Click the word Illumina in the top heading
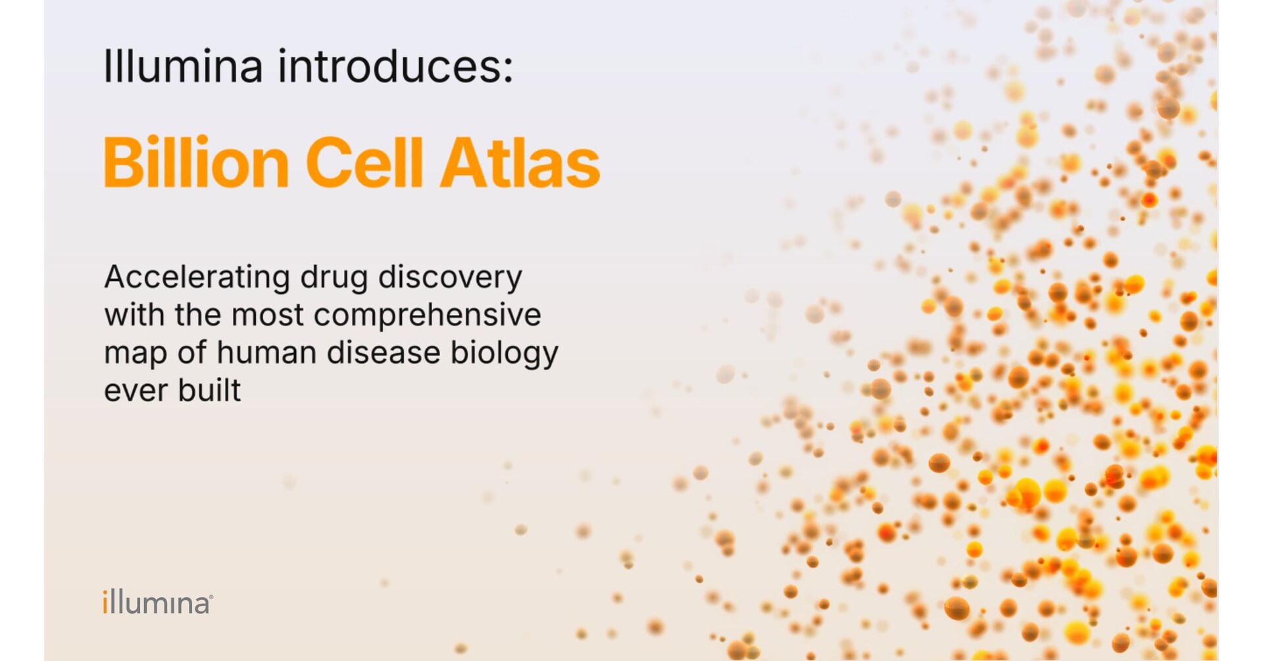[183, 66]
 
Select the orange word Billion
[196, 162]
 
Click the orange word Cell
[364, 162]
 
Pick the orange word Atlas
[520, 162]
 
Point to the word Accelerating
[197, 277]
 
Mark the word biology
[505, 354]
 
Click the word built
[209, 391]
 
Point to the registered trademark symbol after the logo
[211, 597]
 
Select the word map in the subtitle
[136, 354]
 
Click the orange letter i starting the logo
[105, 602]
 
